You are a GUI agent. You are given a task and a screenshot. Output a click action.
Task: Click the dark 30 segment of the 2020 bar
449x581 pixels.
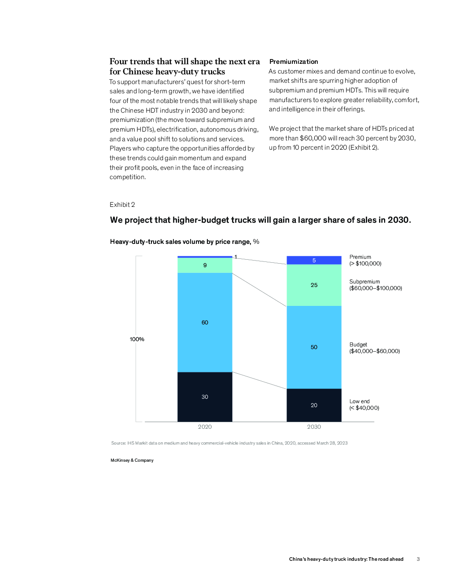205,397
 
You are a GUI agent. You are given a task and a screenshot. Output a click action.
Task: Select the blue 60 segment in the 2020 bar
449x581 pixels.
205,322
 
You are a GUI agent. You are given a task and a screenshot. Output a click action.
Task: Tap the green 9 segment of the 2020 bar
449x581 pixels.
205,265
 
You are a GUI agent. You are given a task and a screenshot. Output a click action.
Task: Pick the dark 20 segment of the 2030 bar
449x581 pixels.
314,405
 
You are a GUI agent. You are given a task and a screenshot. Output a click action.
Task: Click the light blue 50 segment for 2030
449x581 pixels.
314,347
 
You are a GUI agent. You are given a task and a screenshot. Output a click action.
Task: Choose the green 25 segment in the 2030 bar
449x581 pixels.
314,285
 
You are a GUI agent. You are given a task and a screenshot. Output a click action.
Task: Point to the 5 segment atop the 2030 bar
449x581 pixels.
314,260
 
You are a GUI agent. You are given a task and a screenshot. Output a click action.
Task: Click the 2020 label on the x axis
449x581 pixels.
205,427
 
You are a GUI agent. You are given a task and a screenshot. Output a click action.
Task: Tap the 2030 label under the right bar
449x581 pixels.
314,427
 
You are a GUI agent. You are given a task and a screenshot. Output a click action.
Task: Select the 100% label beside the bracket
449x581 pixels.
137,339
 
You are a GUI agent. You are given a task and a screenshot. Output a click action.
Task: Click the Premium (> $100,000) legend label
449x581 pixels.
365,260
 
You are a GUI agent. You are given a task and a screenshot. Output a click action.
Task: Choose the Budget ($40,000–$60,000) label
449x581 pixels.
375,348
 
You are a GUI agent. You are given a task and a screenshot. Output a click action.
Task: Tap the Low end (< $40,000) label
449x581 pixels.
364,404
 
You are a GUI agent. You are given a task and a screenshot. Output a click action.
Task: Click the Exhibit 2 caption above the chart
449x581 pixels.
122,205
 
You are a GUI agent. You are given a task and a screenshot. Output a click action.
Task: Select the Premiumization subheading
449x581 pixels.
294,62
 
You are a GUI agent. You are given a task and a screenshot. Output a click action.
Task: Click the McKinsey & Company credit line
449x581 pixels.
132,460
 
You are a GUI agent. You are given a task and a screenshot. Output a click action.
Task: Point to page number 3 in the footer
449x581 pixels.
418,559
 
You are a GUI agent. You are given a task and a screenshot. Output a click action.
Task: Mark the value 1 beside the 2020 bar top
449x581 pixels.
236,257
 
